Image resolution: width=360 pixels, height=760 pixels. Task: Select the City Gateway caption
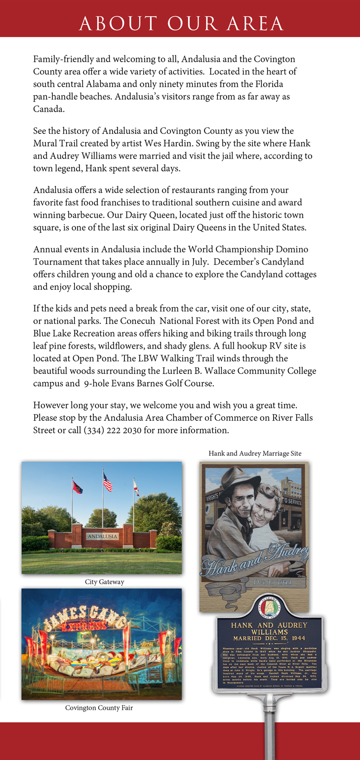[x=104, y=582]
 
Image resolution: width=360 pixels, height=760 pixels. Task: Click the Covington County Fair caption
[x=99, y=708]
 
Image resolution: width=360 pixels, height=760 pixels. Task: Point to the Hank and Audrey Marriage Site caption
[x=255, y=453]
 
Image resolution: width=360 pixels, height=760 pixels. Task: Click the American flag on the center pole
[x=107, y=482]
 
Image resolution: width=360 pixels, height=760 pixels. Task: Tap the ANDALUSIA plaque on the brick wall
[x=102, y=536]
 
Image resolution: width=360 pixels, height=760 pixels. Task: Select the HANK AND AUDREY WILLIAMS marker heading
[x=269, y=628]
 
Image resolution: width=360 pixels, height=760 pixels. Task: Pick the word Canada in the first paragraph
[x=48, y=109]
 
